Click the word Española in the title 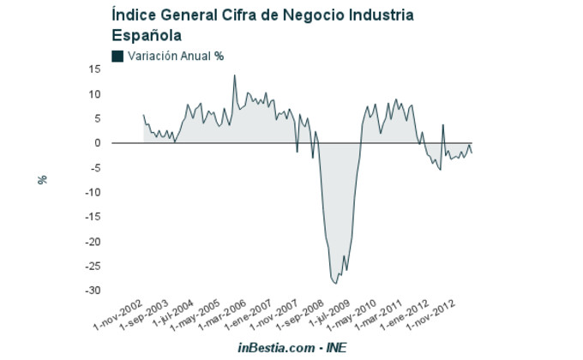147,35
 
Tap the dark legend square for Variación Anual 117,56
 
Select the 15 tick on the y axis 95,69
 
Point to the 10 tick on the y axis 95,94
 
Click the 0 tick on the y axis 98,143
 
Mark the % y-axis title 41,180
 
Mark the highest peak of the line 235,75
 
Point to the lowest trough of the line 336,283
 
